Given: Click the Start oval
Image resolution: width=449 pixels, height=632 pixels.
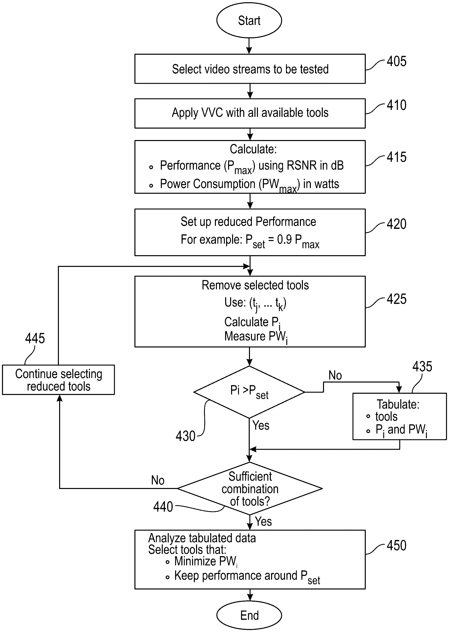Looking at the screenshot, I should [249, 20].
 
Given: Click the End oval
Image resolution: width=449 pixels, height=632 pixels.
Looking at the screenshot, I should [249, 615].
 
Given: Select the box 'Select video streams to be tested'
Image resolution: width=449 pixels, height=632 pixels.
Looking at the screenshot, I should [250, 69].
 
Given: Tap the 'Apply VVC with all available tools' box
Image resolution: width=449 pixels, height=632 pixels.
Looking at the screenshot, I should [250, 113].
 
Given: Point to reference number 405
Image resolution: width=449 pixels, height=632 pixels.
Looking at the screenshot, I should [397, 61].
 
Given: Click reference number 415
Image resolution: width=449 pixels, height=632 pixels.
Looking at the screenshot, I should [397, 157].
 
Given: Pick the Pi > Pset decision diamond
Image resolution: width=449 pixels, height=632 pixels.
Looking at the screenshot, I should [249, 391].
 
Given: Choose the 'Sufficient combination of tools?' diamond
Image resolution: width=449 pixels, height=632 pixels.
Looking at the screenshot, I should [250, 489].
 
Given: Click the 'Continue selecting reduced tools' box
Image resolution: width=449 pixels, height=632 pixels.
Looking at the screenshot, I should [58, 380].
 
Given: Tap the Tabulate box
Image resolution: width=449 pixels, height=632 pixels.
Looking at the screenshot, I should [399, 416].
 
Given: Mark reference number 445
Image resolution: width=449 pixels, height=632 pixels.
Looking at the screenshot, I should [35, 338].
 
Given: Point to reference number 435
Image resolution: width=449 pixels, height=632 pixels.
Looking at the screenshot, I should [422, 366].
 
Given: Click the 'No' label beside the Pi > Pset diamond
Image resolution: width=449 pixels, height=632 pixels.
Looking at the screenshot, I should [335, 376].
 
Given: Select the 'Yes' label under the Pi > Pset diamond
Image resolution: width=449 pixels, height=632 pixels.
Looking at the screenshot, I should [261, 425].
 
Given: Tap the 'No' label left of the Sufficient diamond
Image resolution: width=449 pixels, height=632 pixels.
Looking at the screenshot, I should [158, 480].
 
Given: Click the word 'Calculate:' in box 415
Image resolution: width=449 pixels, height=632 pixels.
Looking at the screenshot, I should [253, 149].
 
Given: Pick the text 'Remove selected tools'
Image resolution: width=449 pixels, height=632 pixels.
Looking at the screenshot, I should [255, 285].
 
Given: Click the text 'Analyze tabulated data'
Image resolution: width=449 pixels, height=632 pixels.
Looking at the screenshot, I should [202, 538].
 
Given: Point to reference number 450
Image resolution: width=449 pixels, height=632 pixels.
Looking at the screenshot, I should [397, 545].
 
